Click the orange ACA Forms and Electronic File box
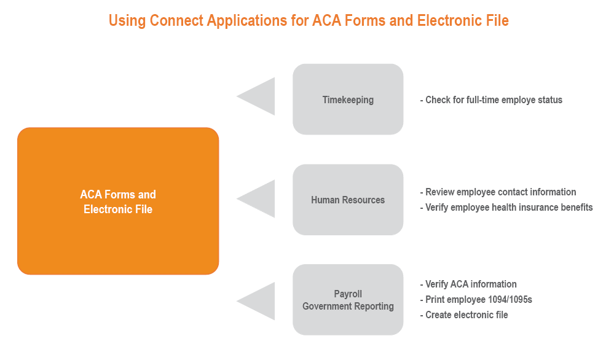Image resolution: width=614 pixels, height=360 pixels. point(118,201)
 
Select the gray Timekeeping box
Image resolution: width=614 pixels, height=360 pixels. point(348,100)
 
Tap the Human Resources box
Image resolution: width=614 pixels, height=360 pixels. point(348,200)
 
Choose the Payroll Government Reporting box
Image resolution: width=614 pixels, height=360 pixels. point(348,300)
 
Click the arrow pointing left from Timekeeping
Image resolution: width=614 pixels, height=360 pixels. point(259,96)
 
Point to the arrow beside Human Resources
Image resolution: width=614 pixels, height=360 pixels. point(259,198)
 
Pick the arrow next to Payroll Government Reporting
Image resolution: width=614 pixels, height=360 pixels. point(259,301)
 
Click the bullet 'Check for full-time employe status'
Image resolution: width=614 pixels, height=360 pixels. point(491,100)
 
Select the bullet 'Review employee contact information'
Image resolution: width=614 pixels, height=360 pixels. point(498,192)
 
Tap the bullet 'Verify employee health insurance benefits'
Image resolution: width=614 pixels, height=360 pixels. point(506,207)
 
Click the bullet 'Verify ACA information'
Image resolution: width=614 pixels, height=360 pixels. point(468,284)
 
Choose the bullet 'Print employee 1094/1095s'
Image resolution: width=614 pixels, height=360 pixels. point(477,299)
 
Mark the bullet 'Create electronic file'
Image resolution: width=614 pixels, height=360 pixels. point(464,315)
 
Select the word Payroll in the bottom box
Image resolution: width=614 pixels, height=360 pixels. point(348,294)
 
